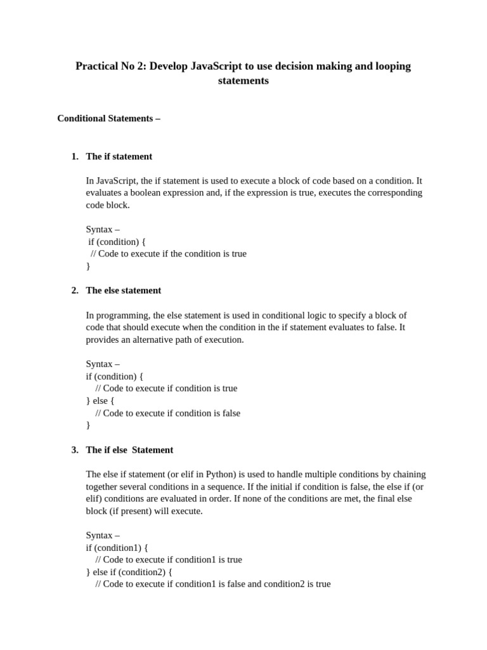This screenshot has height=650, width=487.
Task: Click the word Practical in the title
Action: pyautogui.click(x=97, y=66)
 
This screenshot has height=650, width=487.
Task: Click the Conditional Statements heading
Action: pyautogui.click(x=108, y=118)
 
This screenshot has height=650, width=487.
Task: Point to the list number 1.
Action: pyautogui.click(x=74, y=156)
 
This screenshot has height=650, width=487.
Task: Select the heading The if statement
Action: pyautogui.click(x=119, y=156)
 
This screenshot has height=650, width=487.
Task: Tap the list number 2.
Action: pyautogui.click(x=74, y=290)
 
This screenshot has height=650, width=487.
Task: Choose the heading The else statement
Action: pyautogui.click(x=123, y=290)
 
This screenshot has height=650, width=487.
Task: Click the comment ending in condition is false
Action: pyautogui.click(x=167, y=413)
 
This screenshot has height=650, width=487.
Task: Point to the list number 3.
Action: pyautogui.click(x=74, y=449)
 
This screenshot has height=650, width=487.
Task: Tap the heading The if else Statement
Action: pyautogui.click(x=129, y=449)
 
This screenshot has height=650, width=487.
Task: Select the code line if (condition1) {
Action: pyautogui.click(x=117, y=547)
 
